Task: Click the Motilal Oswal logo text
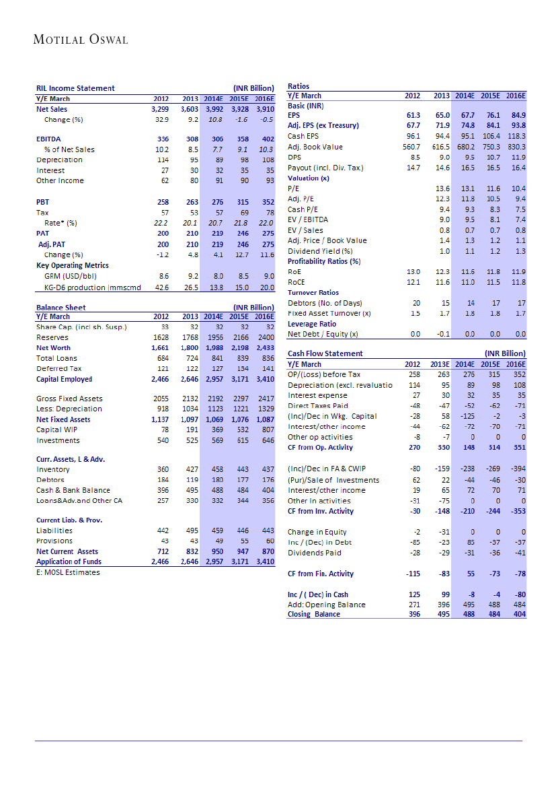(81, 40)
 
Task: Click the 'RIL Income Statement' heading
(75, 88)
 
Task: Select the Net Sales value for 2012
(159, 108)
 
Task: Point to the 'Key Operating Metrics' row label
(73, 265)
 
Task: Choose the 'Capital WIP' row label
(56, 430)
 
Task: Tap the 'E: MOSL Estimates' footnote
(68, 572)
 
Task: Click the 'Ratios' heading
(299, 86)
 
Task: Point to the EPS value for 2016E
(516, 115)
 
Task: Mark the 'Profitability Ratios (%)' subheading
(324, 261)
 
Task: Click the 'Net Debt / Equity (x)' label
(322, 334)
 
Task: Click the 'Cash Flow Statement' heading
(325, 353)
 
